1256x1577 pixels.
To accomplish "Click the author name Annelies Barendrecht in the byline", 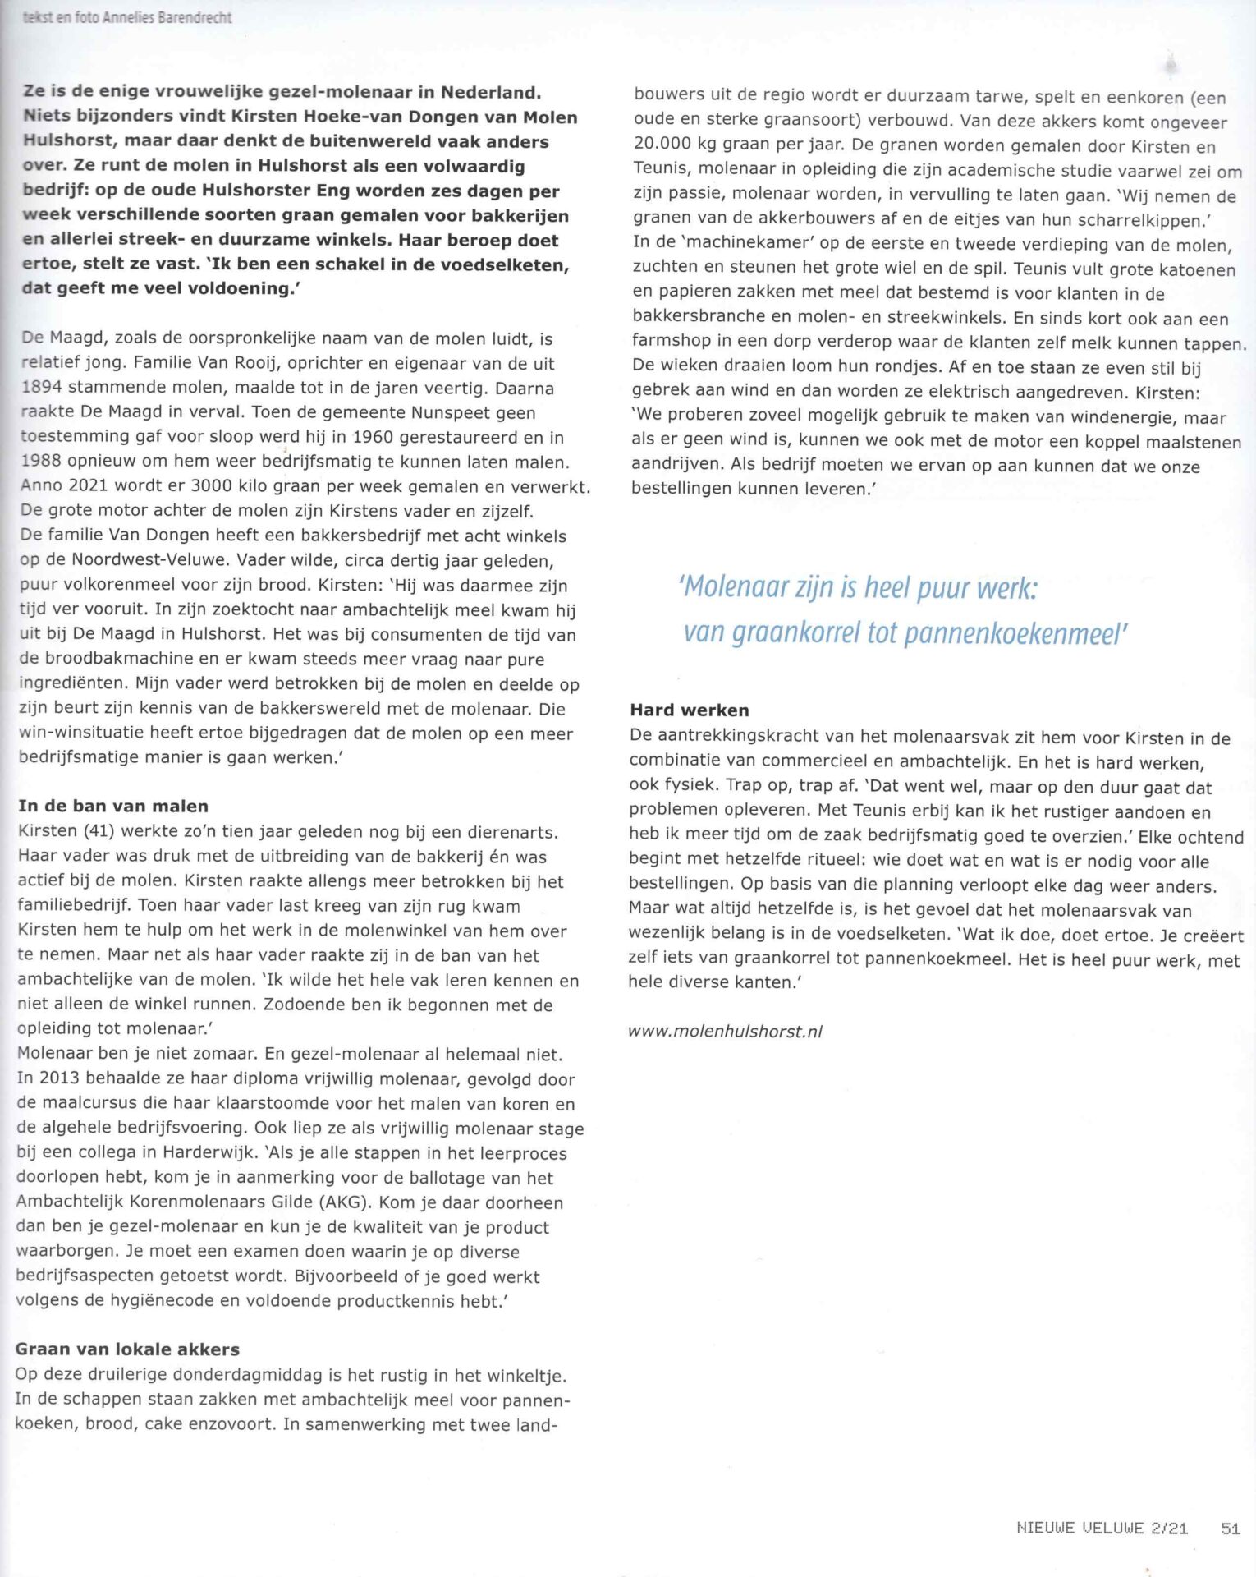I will (167, 17).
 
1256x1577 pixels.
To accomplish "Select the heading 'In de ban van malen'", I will (113, 806).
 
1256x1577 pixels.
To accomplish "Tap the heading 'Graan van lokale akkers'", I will (127, 1349).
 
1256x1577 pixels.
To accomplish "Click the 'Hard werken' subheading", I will (690, 710).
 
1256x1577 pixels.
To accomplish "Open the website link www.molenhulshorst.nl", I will (725, 1031).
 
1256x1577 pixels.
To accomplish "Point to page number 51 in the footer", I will (1230, 1528).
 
